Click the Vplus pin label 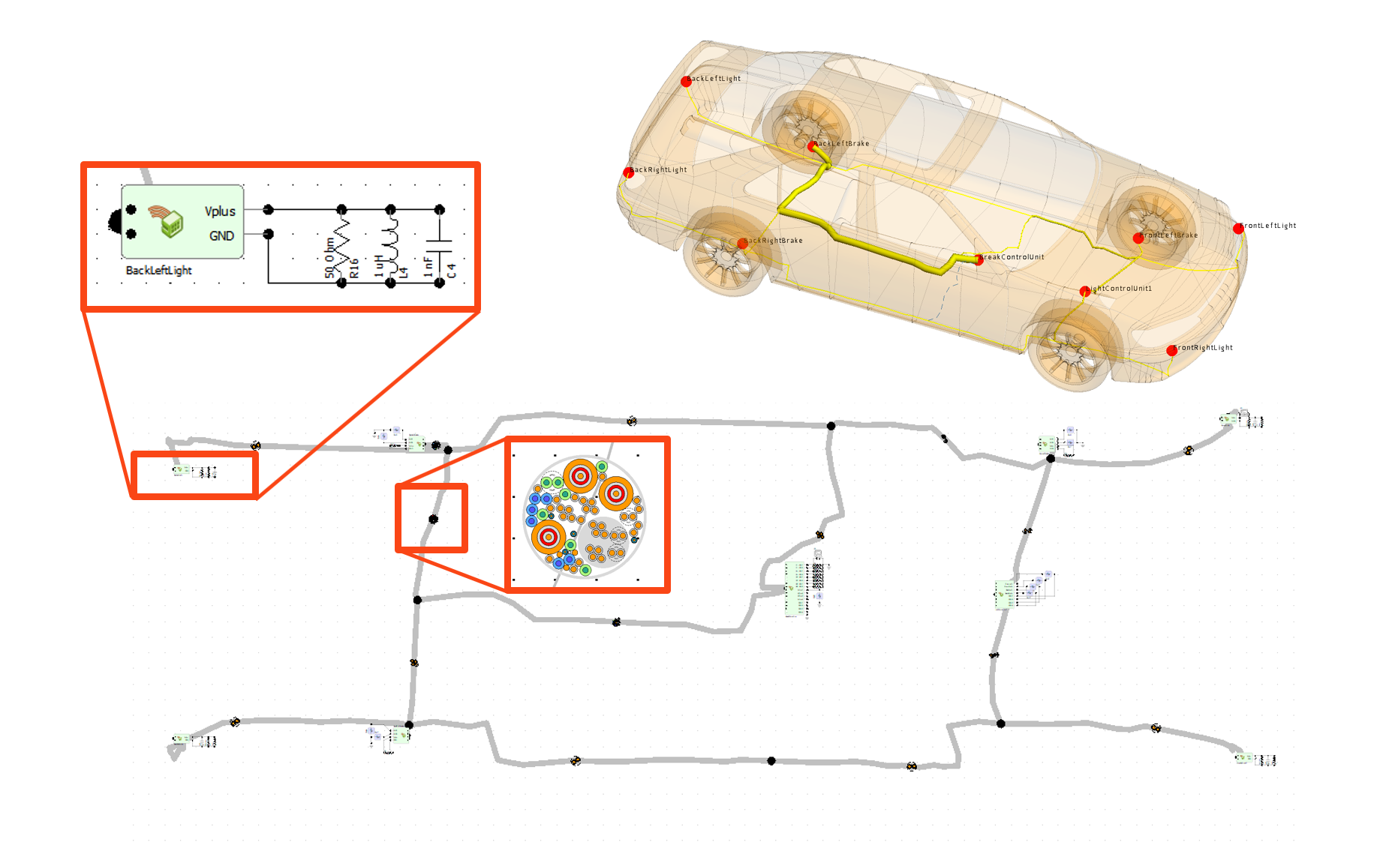pos(220,211)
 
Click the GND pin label pos(221,235)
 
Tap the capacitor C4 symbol pos(439,246)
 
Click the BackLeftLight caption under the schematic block pos(158,270)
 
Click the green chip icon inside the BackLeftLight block pos(171,223)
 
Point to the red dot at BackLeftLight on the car pos(686,82)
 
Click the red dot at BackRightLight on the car pos(628,173)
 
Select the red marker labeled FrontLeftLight pos(1238,229)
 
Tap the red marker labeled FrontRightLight pos(1171,350)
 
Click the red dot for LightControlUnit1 pos(1084,291)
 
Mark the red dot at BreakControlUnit pos(979,260)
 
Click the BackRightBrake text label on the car pos(774,241)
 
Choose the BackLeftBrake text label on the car pos(842,143)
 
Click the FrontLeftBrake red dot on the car pos(1138,238)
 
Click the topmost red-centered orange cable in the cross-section pos(580,475)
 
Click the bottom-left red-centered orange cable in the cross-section pos(549,537)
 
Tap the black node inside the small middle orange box pos(433,519)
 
